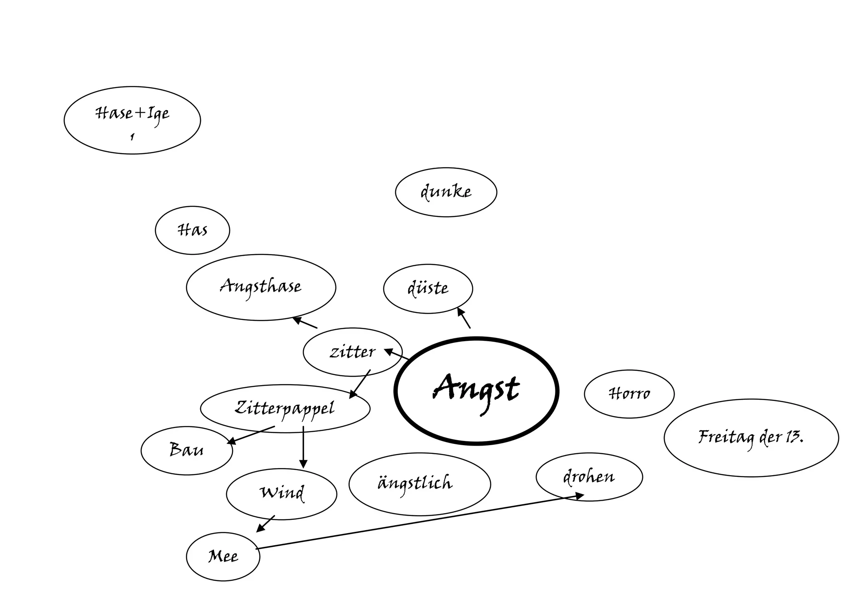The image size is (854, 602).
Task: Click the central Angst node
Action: pyautogui.click(x=476, y=390)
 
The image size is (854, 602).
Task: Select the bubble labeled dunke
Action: pyautogui.click(x=446, y=192)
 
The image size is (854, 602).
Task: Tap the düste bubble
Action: pyautogui.click(x=428, y=289)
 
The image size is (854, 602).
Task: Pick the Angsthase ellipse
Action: pyautogui.click(x=261, y=287)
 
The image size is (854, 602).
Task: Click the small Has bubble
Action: pyautogui.click(x=192, y=230)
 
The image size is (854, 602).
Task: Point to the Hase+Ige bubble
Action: pyautogui.click(x=132, y=120)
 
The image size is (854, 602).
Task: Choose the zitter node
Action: pyautogui.click(x=352, y=352)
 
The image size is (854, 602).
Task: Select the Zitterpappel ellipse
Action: pyautogui.click(x=285, y=408)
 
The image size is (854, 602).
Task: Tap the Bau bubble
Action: pyautogui.click(x=186, y=451)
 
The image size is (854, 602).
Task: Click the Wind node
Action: pyautogui.click(x=281, y=494)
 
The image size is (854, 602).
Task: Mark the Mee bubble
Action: pyautogui.click(x=223, y=557)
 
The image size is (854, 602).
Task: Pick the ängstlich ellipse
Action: pyautogui.click(x=419, y=484)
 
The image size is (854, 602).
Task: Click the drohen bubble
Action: pyautogui.click(x=589, y=477)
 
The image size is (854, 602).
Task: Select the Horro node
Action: pyautogui.click(x=629, y=394)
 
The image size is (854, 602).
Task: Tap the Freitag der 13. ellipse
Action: pyautogui.click(x=751, y=438)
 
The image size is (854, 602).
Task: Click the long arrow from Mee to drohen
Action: pyautogui.click(x=417, y=522)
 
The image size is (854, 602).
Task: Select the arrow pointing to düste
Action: pyautogui.click(x=464, y=318)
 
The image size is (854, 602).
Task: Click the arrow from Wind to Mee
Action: pyautogui.click(x=266, y=524)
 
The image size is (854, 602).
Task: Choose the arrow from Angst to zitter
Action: pyautogui.click(x=397, y=354)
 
